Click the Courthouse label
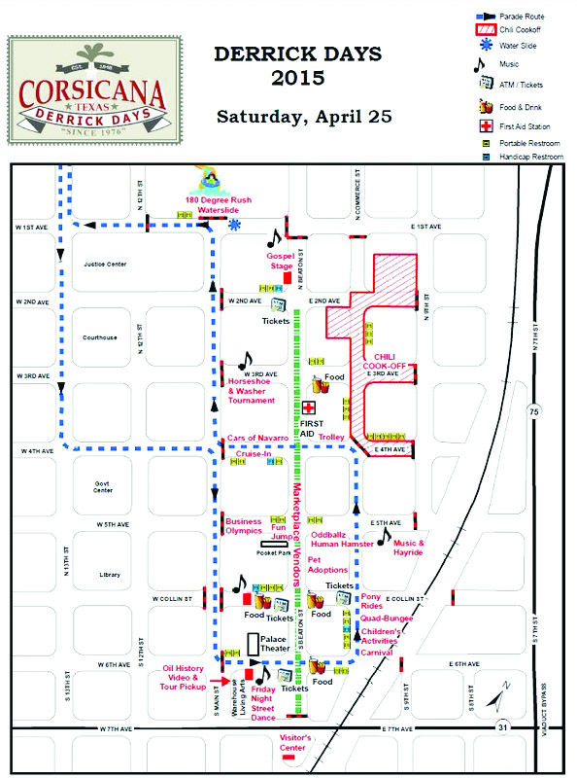tap(99, 337)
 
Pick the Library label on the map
tap(109, 575)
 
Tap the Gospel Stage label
tap(282, 260)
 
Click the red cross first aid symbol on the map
tap(309, 408)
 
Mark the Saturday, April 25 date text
tap(304, 118)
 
